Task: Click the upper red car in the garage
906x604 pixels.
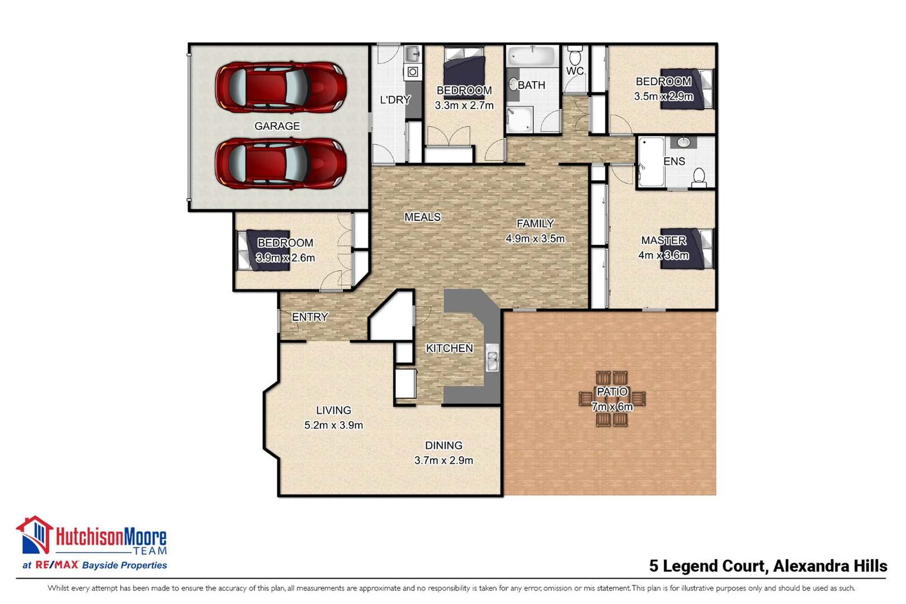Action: click(x=281, y=87)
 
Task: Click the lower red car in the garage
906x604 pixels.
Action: click(x=281, y=164)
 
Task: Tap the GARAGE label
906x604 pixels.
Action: click(x=277, y=126)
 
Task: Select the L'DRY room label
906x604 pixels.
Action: click(x=395, y=100)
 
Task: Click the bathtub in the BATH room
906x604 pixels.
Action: click(x=532, y=56)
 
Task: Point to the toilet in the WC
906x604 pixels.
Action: click(x=575, y=55)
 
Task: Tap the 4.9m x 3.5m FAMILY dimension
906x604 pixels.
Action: click(x=535, y=239)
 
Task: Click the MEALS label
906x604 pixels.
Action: click(x=422, y=217)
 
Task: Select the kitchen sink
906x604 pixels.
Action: click(x=493, y=358)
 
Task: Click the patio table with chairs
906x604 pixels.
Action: click(x=612, y=399)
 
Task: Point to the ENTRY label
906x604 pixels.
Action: click(x=310, y=317)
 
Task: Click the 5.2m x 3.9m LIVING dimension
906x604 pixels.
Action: click(x=333, y=425)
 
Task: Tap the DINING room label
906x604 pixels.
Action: click(x=443, y=446)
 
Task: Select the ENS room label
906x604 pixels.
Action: click(x=674, y=162)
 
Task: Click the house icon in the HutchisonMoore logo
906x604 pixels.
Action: click(x=35, y=535)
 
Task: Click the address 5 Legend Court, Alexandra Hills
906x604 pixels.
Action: click(x=768, y=566)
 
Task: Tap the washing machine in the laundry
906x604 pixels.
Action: click(x=413, y=72)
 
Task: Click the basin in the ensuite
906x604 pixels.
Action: click(x=683, y=142)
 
